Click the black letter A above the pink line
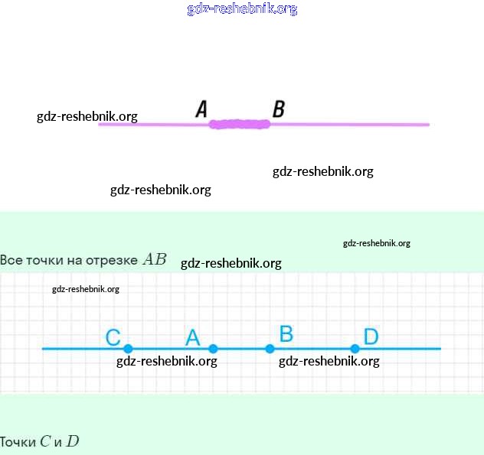202,109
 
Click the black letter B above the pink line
279,109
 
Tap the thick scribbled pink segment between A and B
240,124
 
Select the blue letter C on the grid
113,337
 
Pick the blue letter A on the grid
192,337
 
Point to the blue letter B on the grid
286,333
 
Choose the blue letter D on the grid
371,336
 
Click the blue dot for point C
128,349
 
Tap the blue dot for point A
213,349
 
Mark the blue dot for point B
270,349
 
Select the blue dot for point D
355,349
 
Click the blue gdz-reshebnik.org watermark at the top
242,9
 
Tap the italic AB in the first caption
154,259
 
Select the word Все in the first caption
11,260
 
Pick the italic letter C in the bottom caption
45,441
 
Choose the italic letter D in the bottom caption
72,441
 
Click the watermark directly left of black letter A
87,116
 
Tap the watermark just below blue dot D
329,362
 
